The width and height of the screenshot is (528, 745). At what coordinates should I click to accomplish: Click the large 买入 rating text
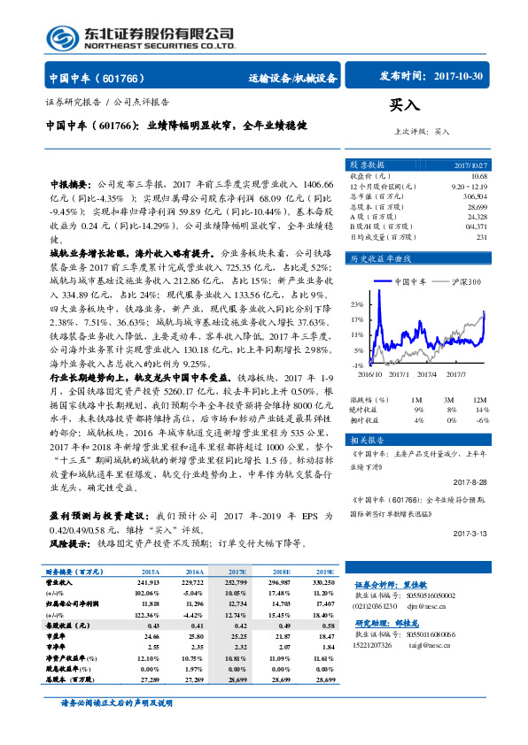tap(403, 105)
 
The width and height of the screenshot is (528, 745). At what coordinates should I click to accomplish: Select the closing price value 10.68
tap(479, 175)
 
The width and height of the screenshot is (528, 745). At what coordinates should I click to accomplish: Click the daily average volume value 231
tap(482, 236)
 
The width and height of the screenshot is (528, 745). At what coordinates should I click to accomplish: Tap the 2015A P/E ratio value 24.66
tap(149, 635)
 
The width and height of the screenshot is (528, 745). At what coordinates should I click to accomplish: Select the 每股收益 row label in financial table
tap(66, 625)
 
